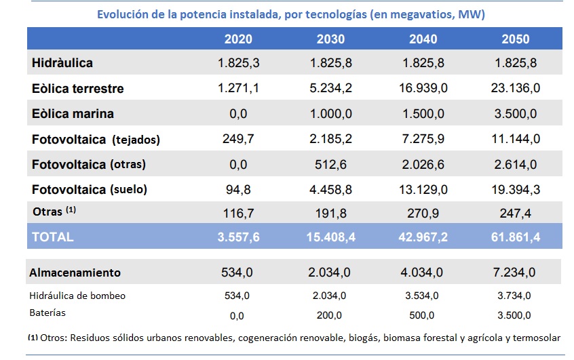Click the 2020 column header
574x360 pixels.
pos(237,39)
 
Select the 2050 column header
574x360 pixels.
pos(516,39)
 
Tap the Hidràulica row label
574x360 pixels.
pos(62,63)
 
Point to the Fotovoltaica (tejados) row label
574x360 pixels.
pos(96,140)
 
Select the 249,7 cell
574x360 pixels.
pos(237,139)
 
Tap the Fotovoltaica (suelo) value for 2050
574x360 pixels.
pos(516,189)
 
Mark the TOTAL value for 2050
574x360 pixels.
pos(516,237)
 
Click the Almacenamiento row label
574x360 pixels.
pos(75,273)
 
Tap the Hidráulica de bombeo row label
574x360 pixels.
pos(77,296)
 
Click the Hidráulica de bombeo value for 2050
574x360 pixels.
pos(516,296)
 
